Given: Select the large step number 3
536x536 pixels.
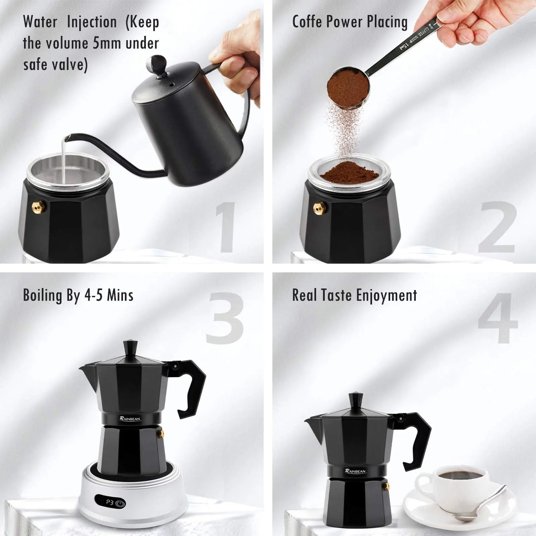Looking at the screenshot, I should [224, 318].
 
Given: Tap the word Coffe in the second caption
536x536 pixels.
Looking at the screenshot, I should [307, 22].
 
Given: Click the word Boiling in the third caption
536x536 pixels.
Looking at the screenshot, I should [43, 295].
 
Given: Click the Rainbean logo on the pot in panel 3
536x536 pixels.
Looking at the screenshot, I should [130, 418].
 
